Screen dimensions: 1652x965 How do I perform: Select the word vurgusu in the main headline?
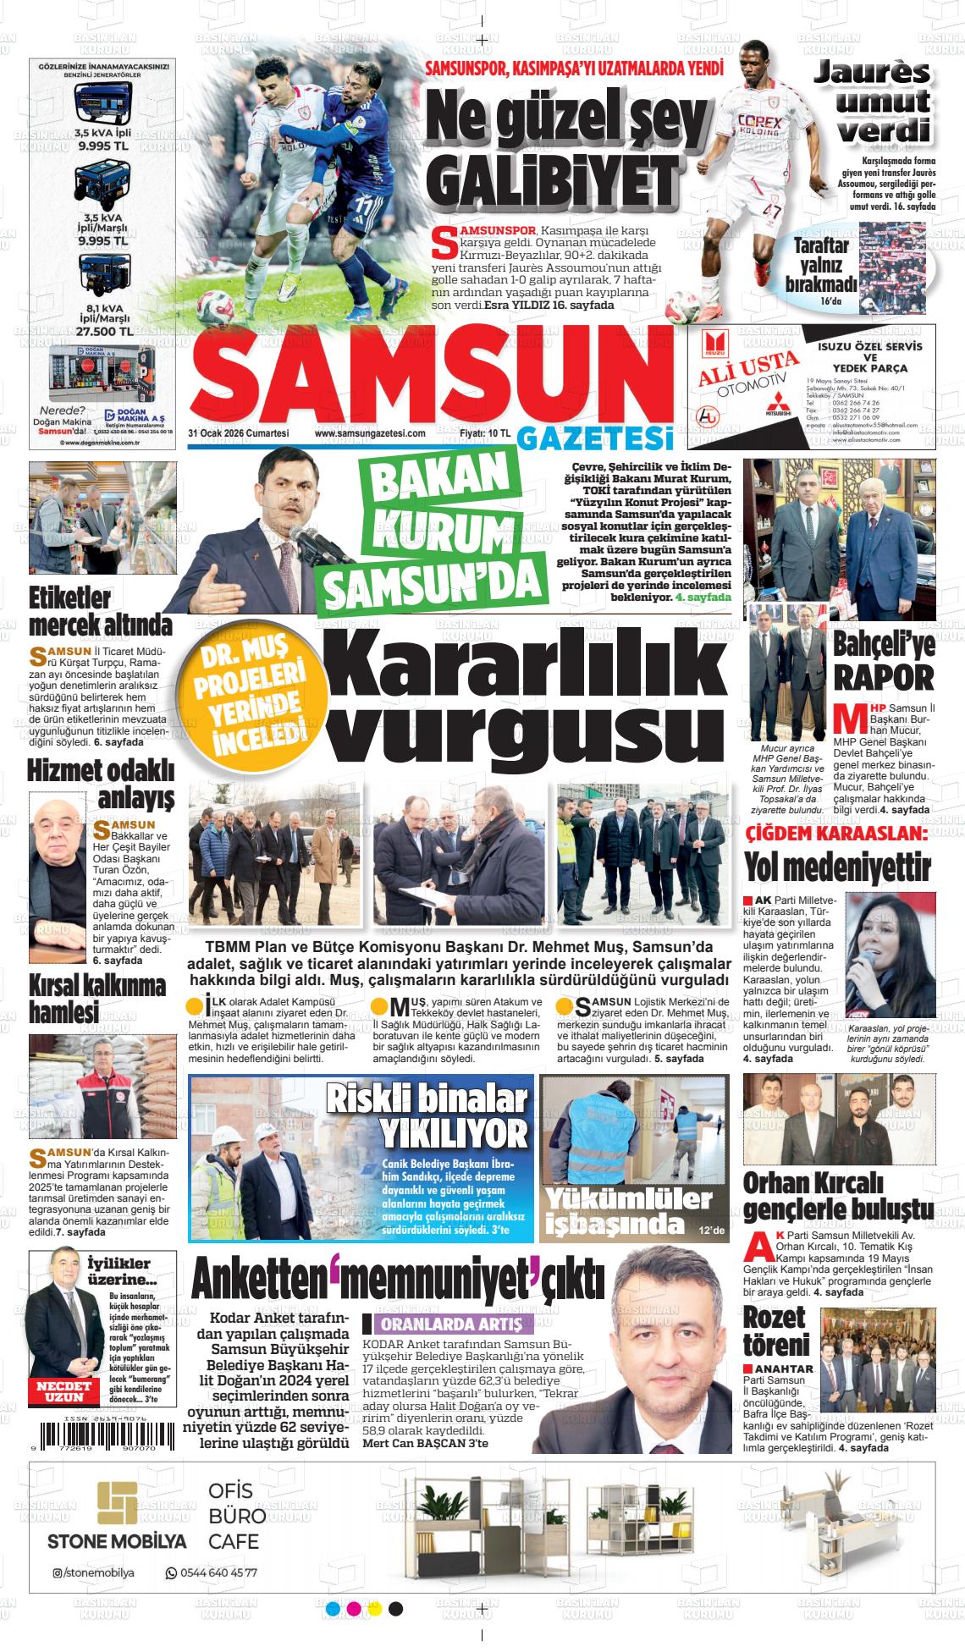click(524, 728)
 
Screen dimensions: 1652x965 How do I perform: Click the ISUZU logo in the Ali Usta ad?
click(711, 343)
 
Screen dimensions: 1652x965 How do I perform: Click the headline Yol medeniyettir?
click(836, 867)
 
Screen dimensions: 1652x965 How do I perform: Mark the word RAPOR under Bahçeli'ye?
click(884, 677)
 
